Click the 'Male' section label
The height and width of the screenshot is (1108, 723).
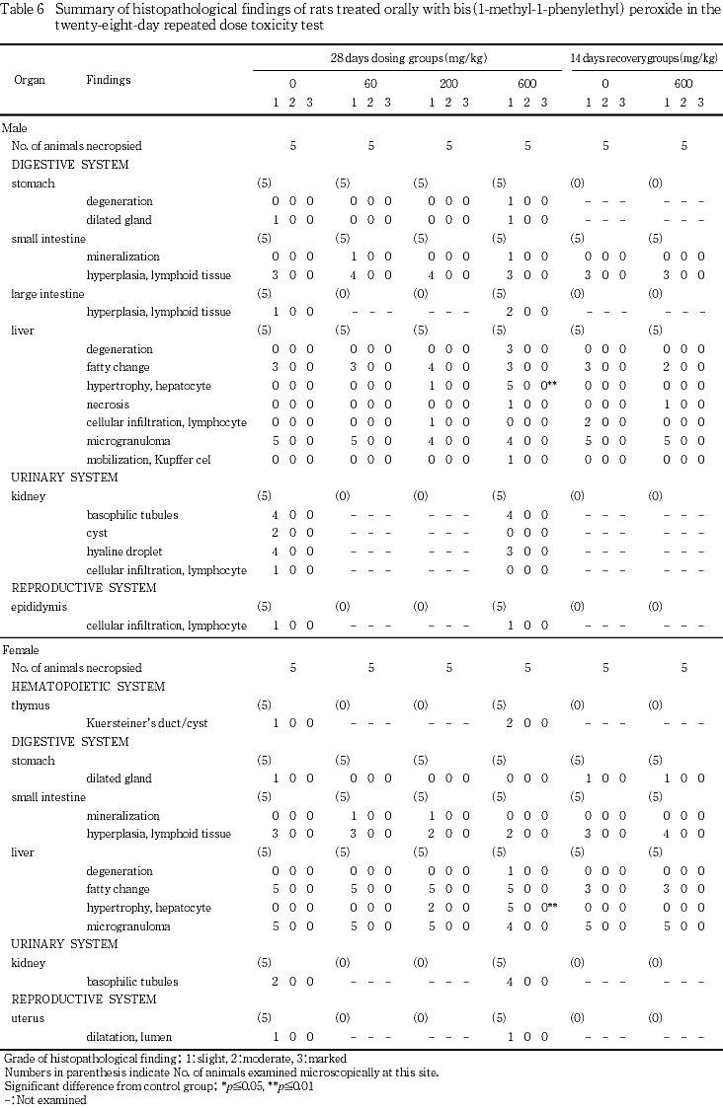coord(15,128)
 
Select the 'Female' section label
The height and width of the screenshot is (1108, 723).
coord(20,650)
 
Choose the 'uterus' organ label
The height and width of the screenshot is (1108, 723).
coord(27,1018)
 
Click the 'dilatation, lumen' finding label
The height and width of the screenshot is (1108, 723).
coord(127,1037)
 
